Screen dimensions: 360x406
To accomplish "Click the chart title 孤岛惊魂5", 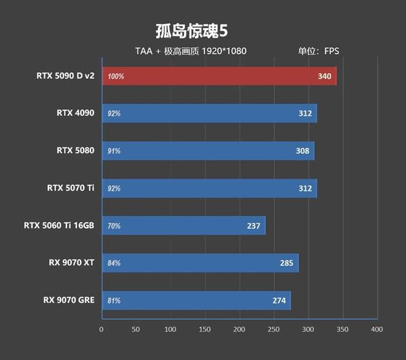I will coord(192,31).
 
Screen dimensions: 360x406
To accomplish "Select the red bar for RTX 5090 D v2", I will coord(218,76).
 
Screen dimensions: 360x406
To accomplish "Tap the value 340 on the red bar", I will coord(324,76).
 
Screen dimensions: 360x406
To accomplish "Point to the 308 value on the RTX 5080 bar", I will coord(302,151).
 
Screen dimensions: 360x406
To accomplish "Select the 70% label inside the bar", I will coord(114,226).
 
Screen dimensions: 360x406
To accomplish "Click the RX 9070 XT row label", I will coord(71,263).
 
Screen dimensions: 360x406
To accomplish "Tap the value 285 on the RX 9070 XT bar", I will coord(287,263).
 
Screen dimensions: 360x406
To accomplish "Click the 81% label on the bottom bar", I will coord(114,301).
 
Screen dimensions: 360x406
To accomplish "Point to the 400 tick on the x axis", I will coord(376,329).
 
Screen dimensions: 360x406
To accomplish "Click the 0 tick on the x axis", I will coord(101,329).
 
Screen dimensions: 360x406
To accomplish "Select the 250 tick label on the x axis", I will coord(273,329).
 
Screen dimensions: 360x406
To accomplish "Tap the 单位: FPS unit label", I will coord(319,51).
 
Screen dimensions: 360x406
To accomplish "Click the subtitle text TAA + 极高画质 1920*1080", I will coord(191,51).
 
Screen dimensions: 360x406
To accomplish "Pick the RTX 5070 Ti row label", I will coord(70,188).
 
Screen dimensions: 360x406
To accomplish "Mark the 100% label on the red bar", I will coord(116,76).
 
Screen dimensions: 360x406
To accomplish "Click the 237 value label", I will coord(253,226).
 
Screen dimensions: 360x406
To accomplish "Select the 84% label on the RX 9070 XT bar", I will coord(114,263).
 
